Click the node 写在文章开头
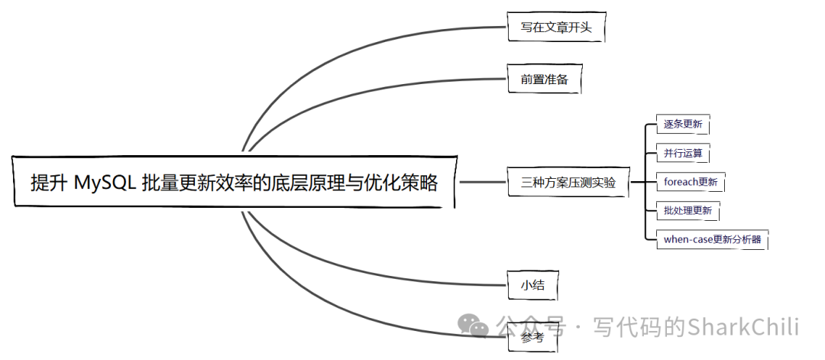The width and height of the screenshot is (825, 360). (557, 28)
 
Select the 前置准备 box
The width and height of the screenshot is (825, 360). (545, 79)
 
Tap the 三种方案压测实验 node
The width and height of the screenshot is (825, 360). (568, 183)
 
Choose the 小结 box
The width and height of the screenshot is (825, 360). (533, 285)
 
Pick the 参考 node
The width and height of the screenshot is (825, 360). (532, 337)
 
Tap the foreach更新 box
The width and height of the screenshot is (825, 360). (691, 182)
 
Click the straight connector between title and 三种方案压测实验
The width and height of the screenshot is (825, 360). (481, 183)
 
